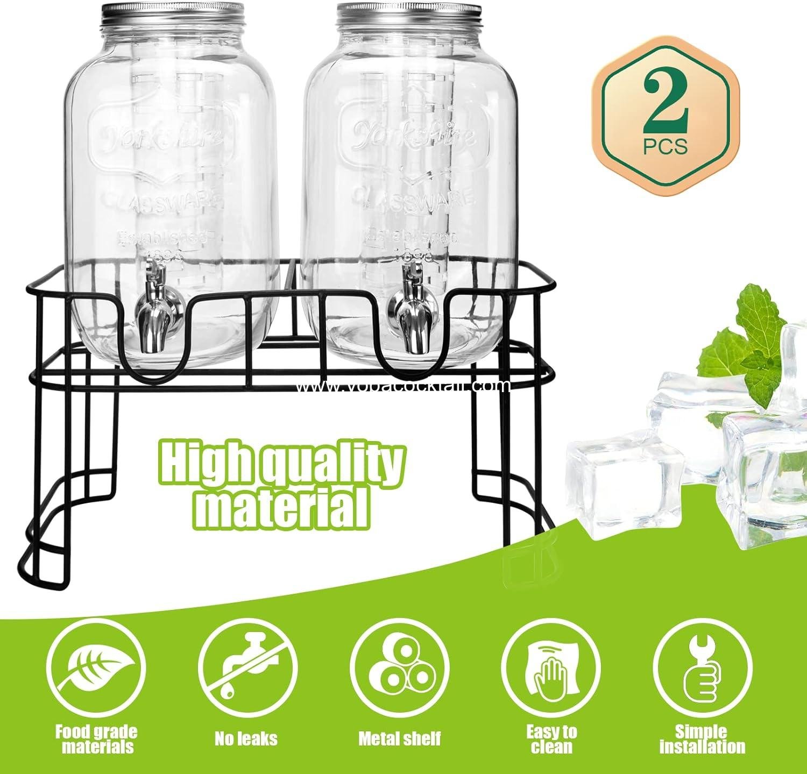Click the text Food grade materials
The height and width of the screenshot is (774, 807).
pyautogui.click(x=96, y=739)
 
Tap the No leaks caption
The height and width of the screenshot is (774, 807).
pyautogui.click(x=246, y=739)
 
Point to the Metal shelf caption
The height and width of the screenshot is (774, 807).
pyautogui.click(x=399, y=739)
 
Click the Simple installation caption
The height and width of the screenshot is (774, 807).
pyautogui.click(x=702, y=739)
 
